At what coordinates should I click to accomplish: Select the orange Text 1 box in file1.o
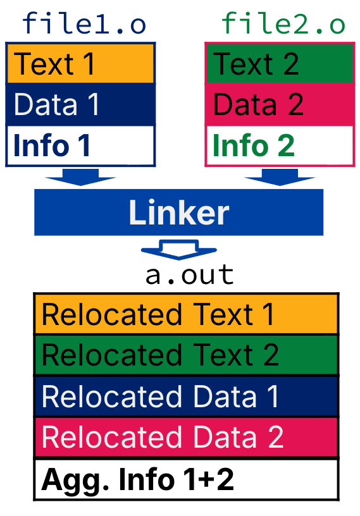[80, 63]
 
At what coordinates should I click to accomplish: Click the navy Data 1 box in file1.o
[80, 104]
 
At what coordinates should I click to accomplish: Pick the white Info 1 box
[80, 145]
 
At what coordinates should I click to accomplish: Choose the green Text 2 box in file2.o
[280, 63]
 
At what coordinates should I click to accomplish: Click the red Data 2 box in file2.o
[280, 104]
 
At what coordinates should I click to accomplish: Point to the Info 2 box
[280, 145]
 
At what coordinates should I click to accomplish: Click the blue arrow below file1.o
[80, 178]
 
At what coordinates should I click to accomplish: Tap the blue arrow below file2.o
[280, 178]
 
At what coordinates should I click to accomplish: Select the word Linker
[178, 213]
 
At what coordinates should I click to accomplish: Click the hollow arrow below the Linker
[179, 249]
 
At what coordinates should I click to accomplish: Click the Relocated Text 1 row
[186, 314]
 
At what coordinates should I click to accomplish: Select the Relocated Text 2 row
[186, 354]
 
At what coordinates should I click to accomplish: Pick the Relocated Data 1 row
[186, 396]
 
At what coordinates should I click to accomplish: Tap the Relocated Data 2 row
[186, 438]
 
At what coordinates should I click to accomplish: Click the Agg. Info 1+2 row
[186, 479]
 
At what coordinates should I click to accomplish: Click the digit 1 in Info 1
[83, 146]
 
